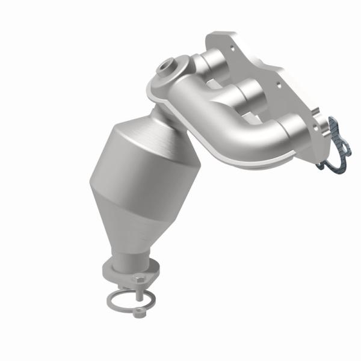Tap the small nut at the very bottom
coord(140,311)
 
